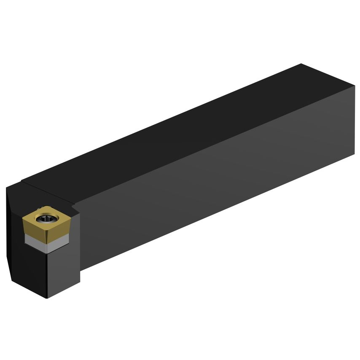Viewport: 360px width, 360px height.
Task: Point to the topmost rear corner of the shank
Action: [301, 64]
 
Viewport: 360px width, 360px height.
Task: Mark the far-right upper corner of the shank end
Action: [355, 86]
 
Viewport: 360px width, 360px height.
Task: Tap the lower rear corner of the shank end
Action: [354, 155]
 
